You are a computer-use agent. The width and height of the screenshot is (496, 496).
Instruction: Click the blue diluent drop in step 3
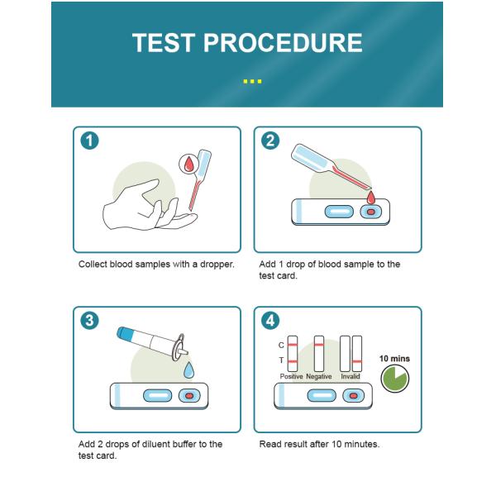[x=188, y=367]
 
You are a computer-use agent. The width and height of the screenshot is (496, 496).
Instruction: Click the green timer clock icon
[x=394, y=379]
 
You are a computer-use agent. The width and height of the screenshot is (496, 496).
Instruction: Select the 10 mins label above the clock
[x=394, y=359]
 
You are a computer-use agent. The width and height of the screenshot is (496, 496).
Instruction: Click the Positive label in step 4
[x=291, y=376]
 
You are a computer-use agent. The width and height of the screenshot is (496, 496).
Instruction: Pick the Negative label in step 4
[x=319, y=376]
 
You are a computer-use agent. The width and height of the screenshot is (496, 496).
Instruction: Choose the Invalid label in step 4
[x=351, y=376]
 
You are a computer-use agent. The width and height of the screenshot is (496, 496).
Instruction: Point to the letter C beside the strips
[x=281, y=344]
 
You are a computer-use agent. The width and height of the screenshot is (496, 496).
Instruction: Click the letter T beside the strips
[x=281, y=360]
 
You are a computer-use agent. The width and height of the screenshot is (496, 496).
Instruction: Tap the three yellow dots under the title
[x=253, y=81]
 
